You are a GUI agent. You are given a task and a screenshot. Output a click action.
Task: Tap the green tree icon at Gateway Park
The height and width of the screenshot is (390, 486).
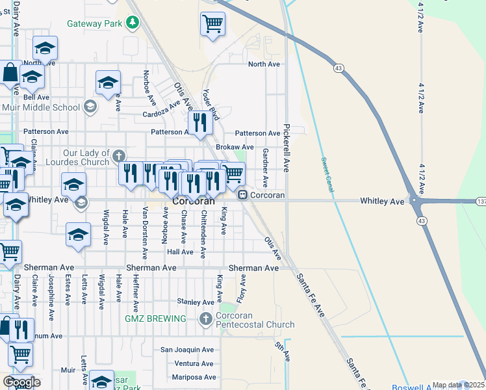coord(133,23)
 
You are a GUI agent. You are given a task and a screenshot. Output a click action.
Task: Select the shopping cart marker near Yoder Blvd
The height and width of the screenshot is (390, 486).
coord(212,25)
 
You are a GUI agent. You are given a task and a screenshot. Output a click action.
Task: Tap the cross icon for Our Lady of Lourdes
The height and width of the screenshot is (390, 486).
coord(118,156)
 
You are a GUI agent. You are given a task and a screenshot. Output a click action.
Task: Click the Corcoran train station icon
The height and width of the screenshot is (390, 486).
coord(242,194)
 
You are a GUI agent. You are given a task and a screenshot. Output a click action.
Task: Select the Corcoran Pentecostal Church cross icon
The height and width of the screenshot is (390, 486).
coord(205,318)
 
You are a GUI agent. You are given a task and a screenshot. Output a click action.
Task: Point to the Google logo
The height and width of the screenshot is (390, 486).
coord(21,382)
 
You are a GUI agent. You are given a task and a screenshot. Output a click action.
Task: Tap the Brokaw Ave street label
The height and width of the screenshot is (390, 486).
coord(235,148)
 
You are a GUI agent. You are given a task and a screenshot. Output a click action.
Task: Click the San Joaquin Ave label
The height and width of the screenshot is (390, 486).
coord(187,350)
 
